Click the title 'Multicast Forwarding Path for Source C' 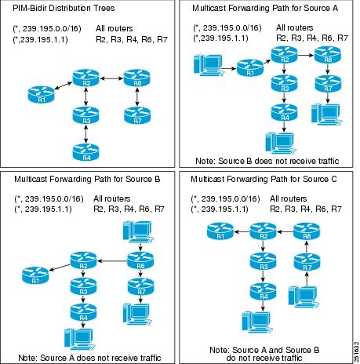pyautogui.click(x=267, y=180)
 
